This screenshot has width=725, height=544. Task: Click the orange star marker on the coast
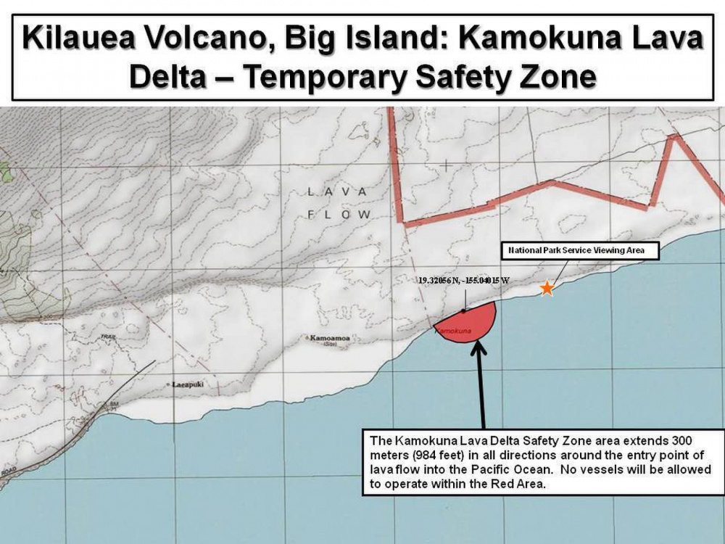coord(547,289)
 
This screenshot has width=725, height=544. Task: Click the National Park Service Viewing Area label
coord(582,251)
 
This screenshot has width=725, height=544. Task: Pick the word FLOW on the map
coord(339,215)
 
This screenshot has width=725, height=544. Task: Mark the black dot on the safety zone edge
coord(463,310)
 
